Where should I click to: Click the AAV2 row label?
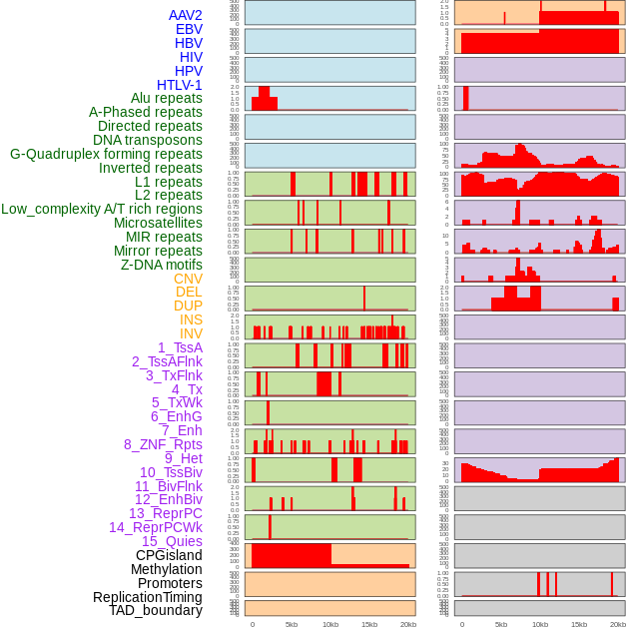coord(185,15)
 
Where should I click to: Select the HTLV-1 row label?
coord(179,85)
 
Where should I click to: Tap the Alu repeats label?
coord(166,98)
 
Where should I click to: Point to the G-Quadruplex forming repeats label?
coord(106,154)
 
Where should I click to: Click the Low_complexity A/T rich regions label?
coord(102,209)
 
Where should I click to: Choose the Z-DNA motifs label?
coord(161,265)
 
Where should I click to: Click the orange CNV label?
coord(188,279)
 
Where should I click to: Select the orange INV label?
coord(191,333)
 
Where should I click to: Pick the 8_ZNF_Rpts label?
coord(163,444)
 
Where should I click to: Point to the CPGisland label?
coord(169,555)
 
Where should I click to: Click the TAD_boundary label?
coord(156,610)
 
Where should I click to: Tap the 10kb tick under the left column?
coord(329,624)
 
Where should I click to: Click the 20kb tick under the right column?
coord(618,624)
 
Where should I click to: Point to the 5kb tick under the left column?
coord(292,624)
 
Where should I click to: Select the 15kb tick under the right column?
coord(579,624)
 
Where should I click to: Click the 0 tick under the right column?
coord(461,624)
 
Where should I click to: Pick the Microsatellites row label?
coord(158,223)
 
